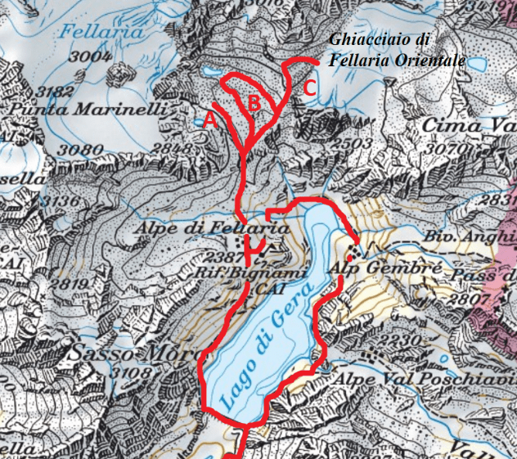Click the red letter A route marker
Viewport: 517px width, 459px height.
tap(210, 119)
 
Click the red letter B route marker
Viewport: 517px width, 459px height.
tap(254, 103)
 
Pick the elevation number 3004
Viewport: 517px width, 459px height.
tap(90, 56)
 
